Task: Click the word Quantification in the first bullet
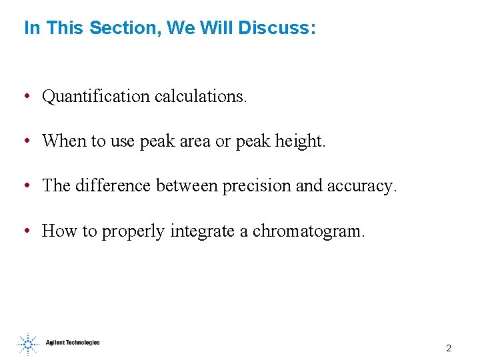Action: pyautogui.click(x=96, y=97)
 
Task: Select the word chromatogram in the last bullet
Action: pyautogui.click(x=308, y=231)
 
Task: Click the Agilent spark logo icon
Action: pyautogui.click(x=28, y=344)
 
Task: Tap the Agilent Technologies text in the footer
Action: pyautogui.click(x=73, y=343)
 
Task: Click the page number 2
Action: pyautogui.click(x=449, y=348)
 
